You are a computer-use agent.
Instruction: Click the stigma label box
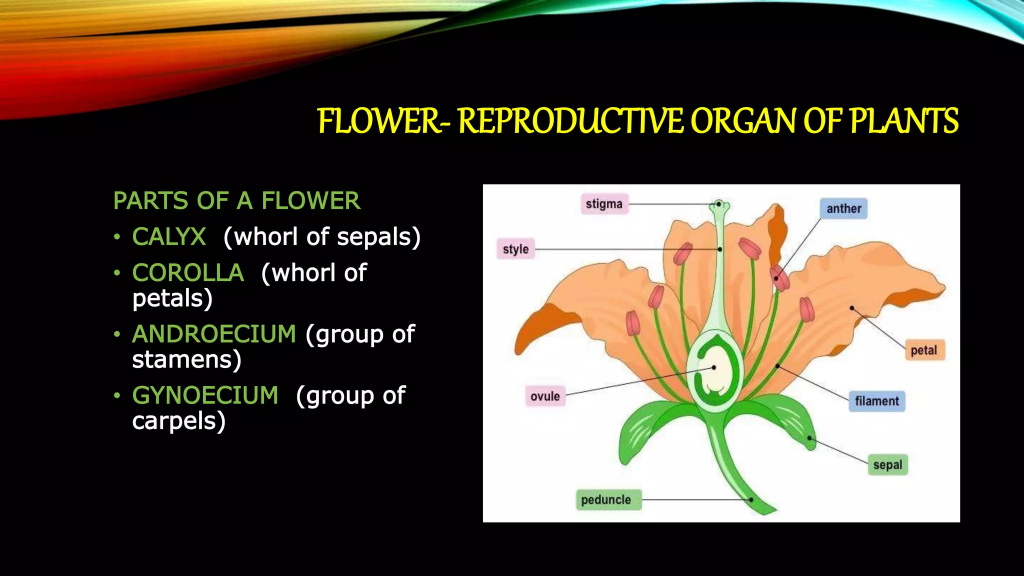pos(604,204)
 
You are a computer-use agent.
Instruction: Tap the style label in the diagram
pos(515,249)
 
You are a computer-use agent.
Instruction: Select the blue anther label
pos(843,208)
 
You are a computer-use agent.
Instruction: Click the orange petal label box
pos(923,350)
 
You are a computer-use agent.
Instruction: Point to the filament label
pos(876,401)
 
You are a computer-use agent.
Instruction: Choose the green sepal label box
pos(887,465)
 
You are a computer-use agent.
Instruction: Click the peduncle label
pos(606,499)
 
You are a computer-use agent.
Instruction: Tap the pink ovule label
pos(545,396)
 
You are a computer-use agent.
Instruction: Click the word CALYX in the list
pos(169,236)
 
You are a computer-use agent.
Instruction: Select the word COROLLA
pos(188,273)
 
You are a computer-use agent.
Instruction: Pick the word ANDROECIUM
pos(214,334)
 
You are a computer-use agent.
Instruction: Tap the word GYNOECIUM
pos(205,395)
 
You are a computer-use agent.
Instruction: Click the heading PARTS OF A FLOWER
pos(236,201)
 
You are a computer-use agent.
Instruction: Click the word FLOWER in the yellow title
pos(378,121)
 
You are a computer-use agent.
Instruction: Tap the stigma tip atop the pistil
pos(719,204)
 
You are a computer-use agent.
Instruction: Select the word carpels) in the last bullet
pos(178,421)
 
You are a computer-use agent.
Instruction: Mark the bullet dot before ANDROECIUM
pos(117,334)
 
